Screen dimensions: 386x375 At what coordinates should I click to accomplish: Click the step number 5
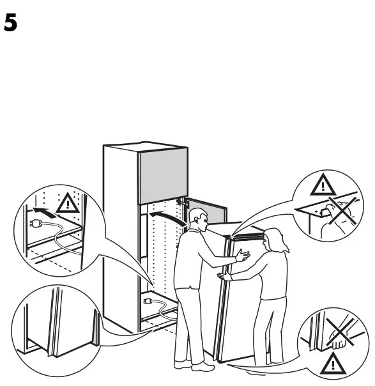click(10, 24)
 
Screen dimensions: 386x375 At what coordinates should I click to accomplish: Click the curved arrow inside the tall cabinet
click(165, 220)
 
